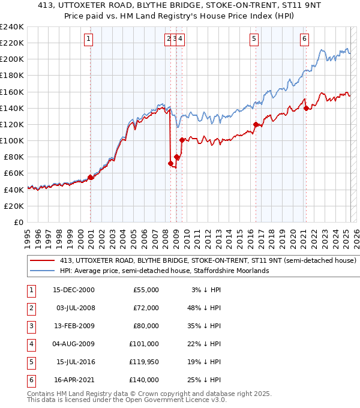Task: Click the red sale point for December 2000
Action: coord(91,177)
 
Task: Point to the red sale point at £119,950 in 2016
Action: coord(256,125)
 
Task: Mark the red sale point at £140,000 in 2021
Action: coord(306,108)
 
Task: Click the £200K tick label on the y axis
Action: coord(11,59)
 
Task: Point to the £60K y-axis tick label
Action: coord(13,173)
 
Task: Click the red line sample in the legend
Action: coord(43,261)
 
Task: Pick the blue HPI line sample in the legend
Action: coord(43,271)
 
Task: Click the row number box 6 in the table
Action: coord(31,380)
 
